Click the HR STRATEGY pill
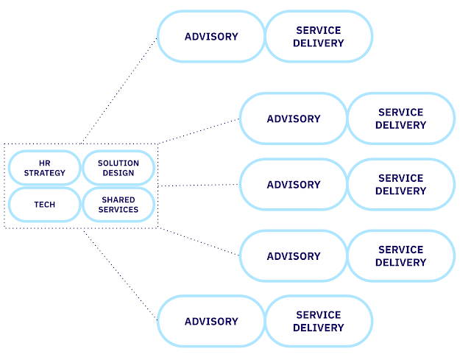[x=44, y=168]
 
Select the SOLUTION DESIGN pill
[x=118, y=168]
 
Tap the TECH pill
[x=44, y=205]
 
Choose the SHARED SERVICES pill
[x=118, y=205]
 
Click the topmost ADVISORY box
[x=211, y=36]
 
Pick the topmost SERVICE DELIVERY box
[x=318, y=36]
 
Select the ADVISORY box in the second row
[x=294, y=119]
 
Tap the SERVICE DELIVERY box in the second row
[x=400, y=119]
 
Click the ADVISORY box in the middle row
[x=294, y=185]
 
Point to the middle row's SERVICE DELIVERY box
[x=400, y=185]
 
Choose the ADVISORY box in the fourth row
[x=294, y=256]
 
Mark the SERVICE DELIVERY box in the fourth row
[x=400, y=256]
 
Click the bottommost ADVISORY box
[x=211, y=321]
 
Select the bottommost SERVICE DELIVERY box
[x=318, y=321]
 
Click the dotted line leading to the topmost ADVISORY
[x=120, y=90]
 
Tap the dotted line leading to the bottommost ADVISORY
[x=120, y=275]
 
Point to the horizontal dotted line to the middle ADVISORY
[x=199, y=186]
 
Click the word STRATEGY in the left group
[x=44, y=174]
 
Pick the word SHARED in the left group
[x=118, y=200]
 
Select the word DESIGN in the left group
[x=118, y=174]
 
